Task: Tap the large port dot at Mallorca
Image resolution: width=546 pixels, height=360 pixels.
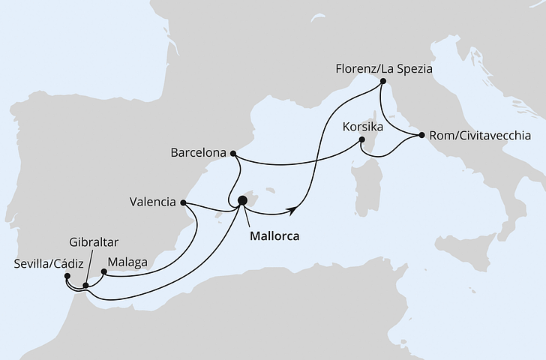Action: point(242,201)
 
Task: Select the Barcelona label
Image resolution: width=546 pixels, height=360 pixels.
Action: point(199,153)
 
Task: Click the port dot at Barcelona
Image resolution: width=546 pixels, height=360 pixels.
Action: point(233,154)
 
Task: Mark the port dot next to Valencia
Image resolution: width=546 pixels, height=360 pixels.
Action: point(183,203)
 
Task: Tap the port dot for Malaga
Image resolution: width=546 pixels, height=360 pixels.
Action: point(103,271)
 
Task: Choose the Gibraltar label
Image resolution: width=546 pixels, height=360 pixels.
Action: point(92,243)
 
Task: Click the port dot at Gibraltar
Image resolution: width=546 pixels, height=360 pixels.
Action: point(85,285)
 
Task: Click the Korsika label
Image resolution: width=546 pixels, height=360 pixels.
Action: point(363,127)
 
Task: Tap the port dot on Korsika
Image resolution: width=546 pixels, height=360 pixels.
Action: point(361,139)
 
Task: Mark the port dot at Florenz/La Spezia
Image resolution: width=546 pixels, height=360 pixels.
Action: point(382,81)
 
